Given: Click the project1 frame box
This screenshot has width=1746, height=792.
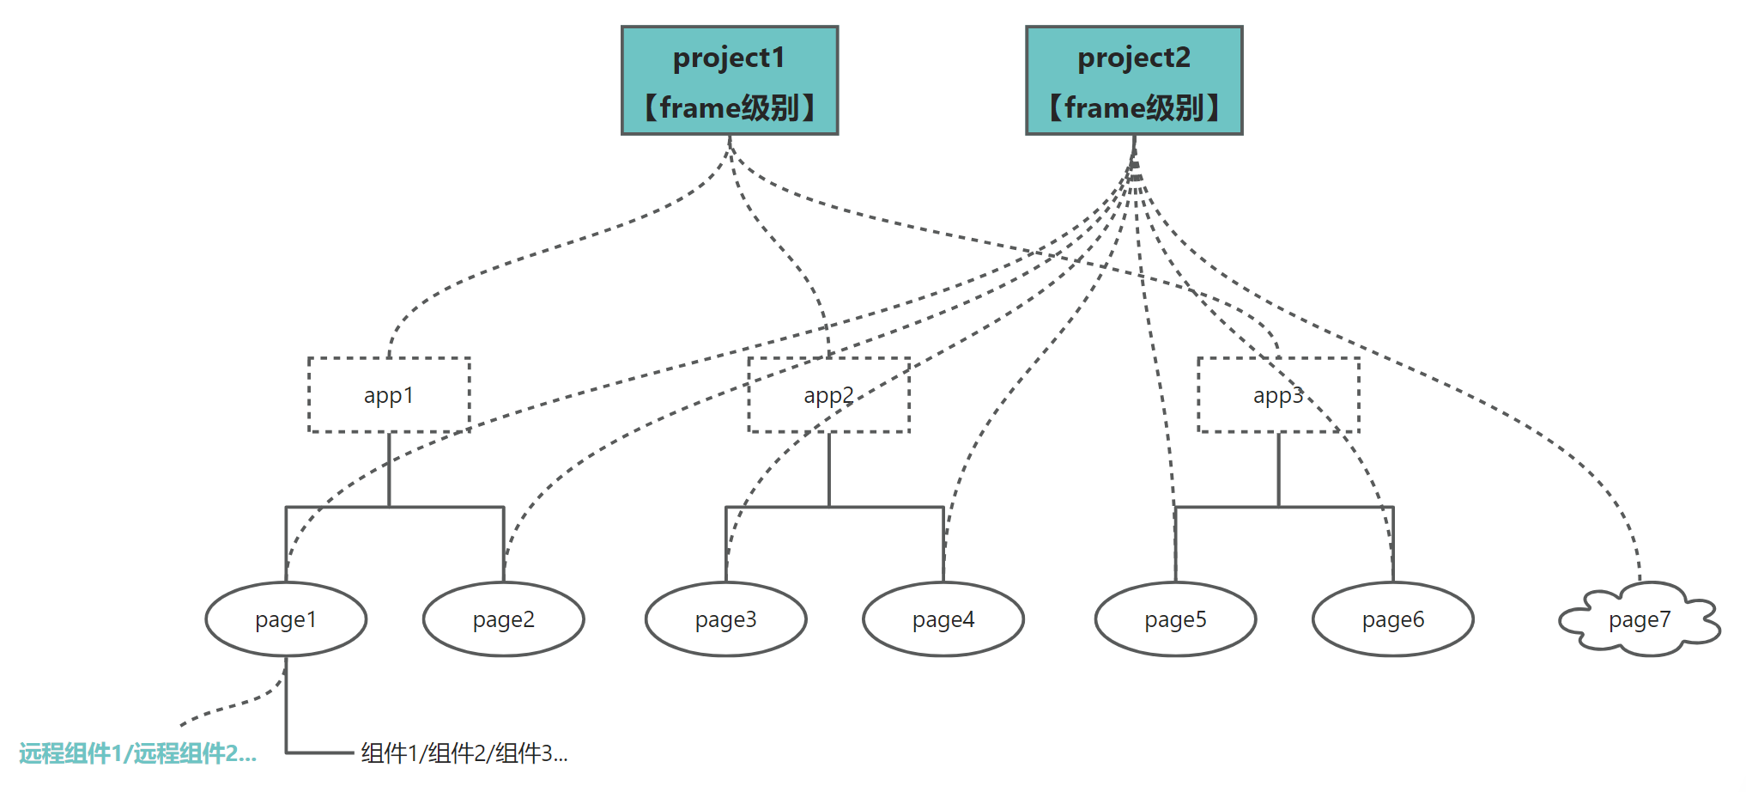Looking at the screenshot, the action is click(730, 80).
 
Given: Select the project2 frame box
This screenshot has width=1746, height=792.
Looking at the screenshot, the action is click(1134, 80).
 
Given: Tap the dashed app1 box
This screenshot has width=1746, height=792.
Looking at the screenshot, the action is click(389, 395).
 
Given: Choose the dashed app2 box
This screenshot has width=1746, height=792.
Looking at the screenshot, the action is click(829, 395).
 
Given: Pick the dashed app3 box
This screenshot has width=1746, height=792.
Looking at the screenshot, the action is click(1278, 395).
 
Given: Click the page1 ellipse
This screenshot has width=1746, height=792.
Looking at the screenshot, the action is click(286, 619).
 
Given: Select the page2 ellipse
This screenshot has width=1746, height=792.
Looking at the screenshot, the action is click(504, 619).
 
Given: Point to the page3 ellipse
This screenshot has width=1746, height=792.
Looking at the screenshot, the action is click(726, 619).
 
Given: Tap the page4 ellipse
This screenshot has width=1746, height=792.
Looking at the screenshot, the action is click(943, 619).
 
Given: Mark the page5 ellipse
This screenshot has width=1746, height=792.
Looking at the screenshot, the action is click(1176, 619).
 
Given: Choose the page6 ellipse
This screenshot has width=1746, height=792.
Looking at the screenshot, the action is click(1393, 619).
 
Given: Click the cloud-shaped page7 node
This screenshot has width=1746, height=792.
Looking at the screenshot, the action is click(1640, 619).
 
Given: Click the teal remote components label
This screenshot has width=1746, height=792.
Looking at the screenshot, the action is click(138, 753).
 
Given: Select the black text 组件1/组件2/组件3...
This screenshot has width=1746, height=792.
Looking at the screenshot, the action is click(464, 753).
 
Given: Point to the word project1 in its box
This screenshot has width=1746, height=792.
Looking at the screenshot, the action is click(729, 58).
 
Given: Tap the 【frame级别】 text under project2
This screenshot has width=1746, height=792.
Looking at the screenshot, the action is click(1134, 108).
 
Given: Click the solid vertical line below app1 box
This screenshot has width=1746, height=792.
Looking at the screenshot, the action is click(389, 470).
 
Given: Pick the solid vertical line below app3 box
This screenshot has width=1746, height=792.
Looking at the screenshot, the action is click(1278, 470).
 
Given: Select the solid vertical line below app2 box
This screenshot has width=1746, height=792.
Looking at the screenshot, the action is click(829, 470).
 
